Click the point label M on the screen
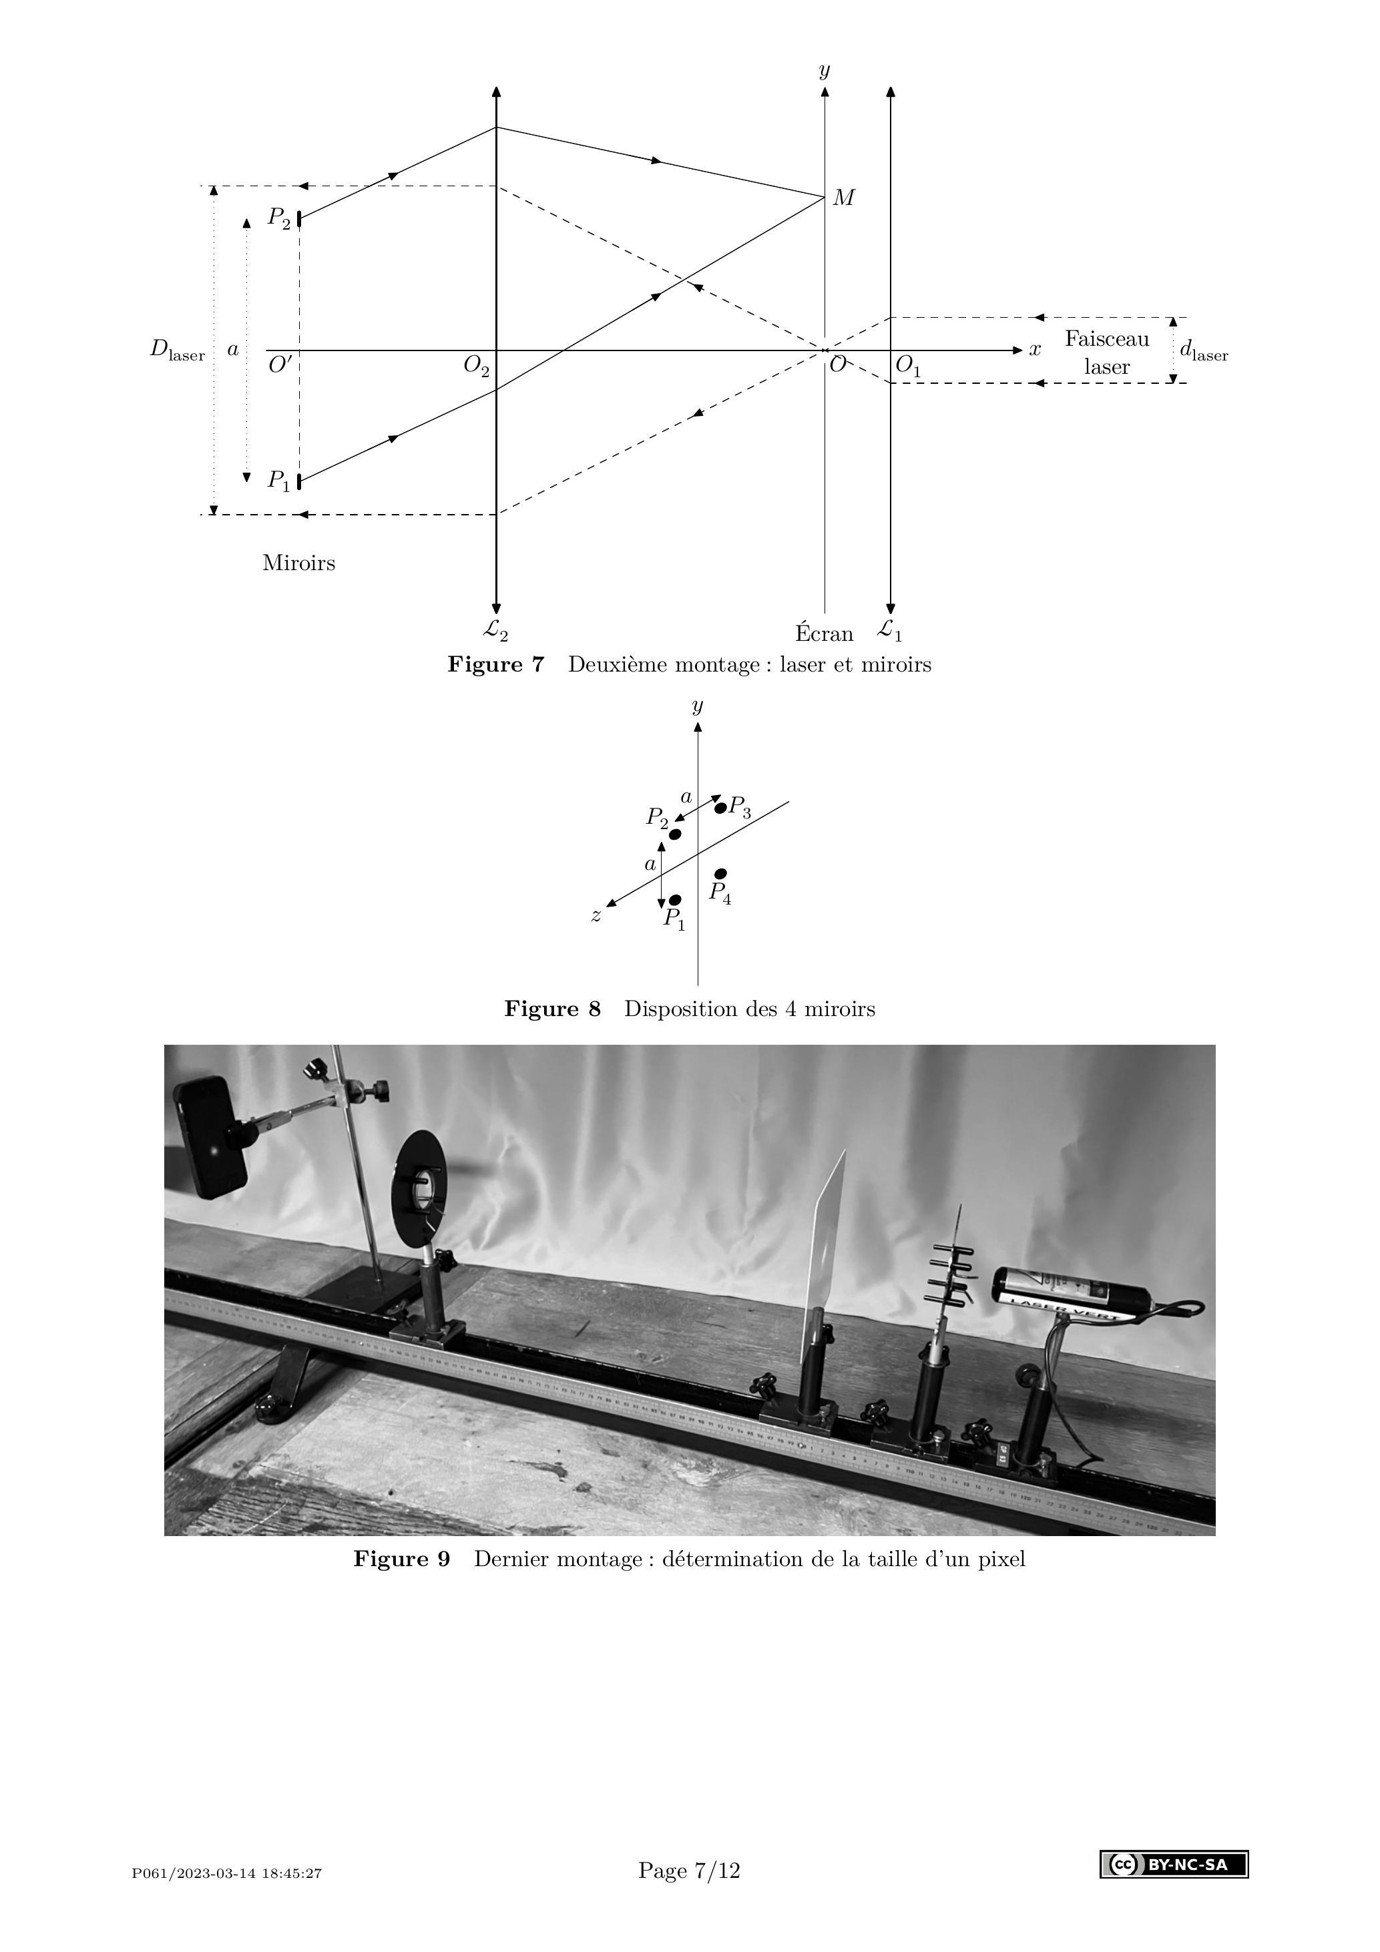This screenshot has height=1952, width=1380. point(843,198)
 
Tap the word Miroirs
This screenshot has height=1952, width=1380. point(298,563)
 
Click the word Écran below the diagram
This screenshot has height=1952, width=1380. point(824,634)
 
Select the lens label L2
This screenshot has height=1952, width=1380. point(495,630)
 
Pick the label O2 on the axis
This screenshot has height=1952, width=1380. point(476,366)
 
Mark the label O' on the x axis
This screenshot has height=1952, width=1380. point(280,366)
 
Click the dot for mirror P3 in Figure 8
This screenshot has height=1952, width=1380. point(720,808)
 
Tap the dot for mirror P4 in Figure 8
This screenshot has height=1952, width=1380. point(721,873)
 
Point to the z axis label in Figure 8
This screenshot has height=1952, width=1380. point(597,916)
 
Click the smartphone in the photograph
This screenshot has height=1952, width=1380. point(212,1137)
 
